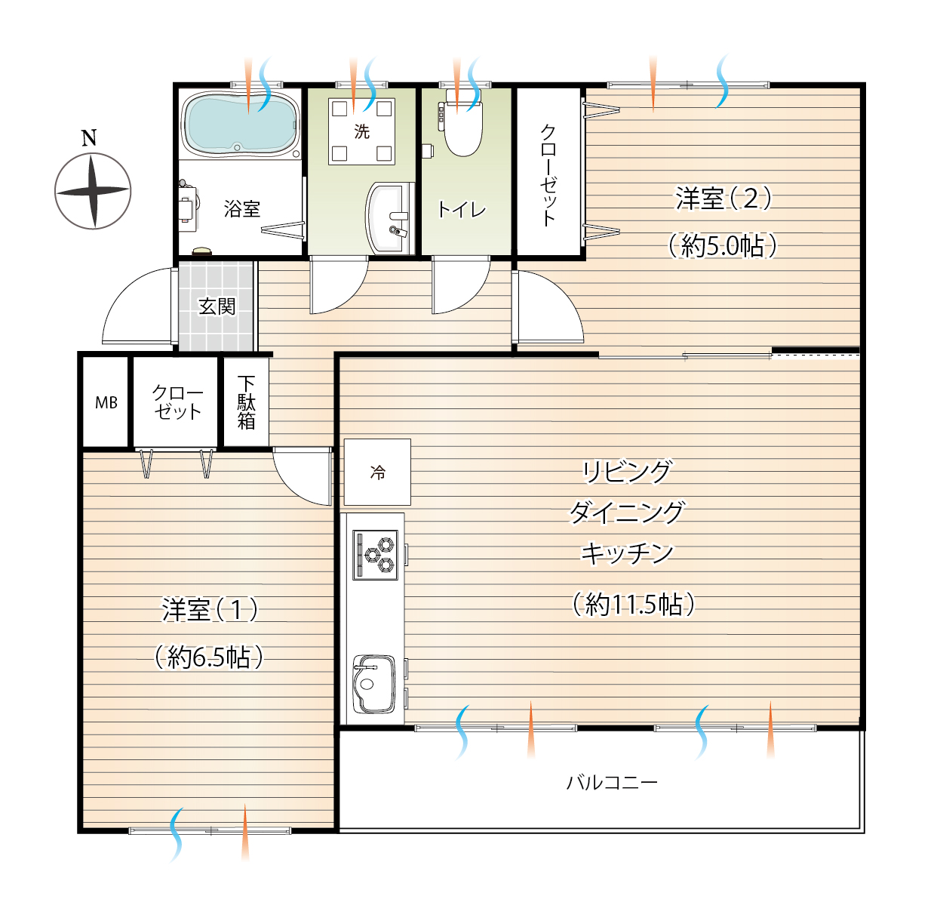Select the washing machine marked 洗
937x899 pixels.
point(361,131)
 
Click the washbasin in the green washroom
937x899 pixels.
point(390,217)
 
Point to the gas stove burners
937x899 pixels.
point(375,555)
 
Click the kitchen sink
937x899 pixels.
point(373,684)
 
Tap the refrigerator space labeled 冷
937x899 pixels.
point(377,472)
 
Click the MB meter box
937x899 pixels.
point(106,402)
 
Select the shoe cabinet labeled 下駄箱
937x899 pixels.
point(246,402)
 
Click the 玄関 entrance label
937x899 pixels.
point(217,306)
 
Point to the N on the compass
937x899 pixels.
point(89,138)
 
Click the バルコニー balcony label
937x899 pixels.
point(612,782)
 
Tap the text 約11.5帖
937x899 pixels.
point(633,604)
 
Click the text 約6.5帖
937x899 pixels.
point(209,656)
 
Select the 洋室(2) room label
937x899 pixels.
point(723,198)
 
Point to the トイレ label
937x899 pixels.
point(461,210)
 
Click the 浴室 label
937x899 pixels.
point(241,209)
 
